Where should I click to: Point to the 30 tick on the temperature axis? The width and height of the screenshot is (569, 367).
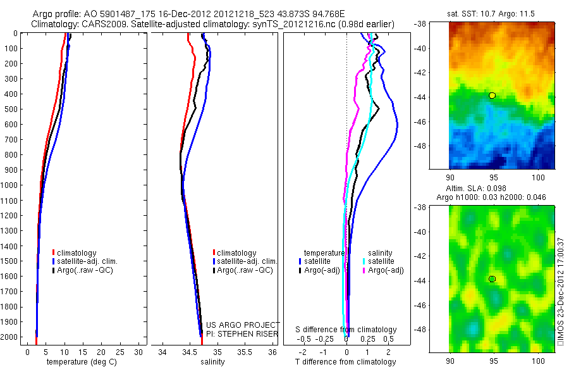137,351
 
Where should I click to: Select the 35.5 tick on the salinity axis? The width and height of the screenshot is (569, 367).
245,351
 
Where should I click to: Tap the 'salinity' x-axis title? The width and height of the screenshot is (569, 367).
212,362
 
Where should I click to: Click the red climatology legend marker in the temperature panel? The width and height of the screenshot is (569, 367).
54,253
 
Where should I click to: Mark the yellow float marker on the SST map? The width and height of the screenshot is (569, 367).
492,96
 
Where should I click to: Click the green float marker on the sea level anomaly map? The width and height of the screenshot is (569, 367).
492,279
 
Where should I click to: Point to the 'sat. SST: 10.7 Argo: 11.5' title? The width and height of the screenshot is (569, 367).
492,12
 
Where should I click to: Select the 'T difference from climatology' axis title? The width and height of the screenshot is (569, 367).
346,362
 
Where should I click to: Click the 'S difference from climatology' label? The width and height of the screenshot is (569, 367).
346,330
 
